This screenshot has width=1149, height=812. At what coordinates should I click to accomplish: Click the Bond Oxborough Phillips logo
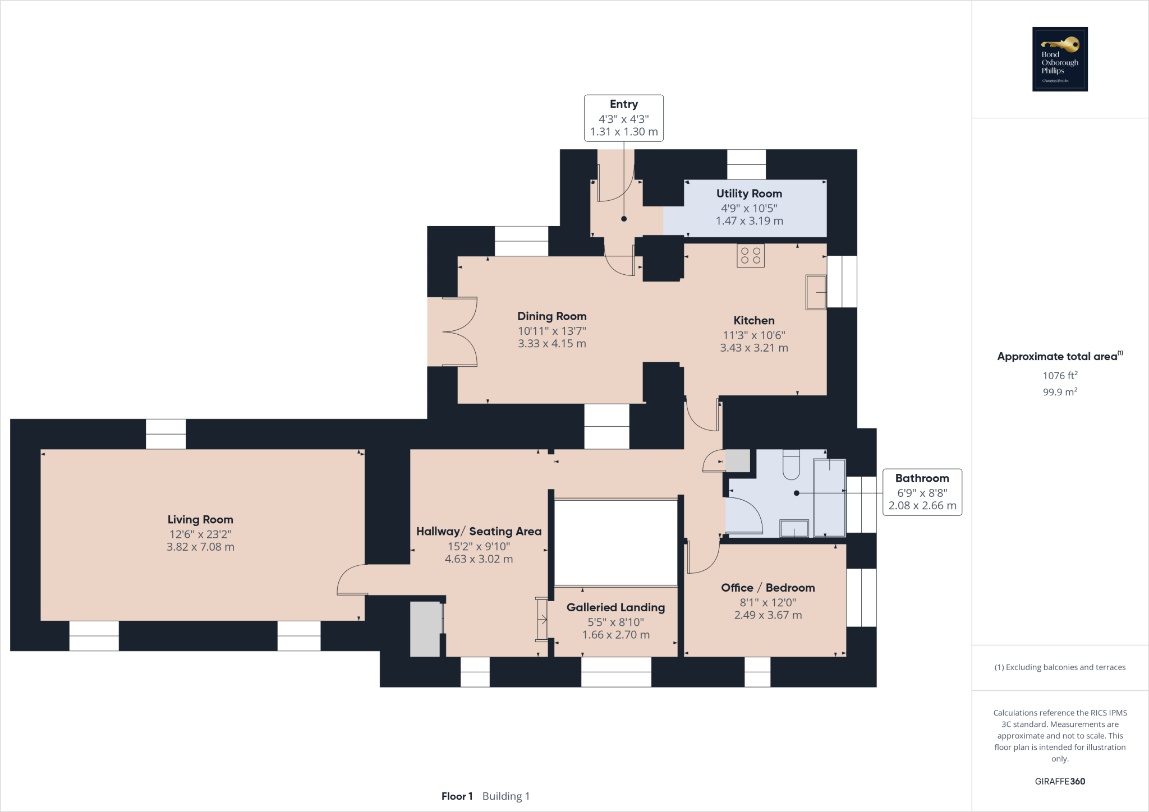pyautogui.click(x=1060, y=59)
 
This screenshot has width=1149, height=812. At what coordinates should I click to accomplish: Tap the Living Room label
pyautogui.click(x=200, y=520)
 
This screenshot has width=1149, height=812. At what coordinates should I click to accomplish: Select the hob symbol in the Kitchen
pyautogui.click(x=750, y=256)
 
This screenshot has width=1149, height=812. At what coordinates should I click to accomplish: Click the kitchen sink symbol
pyautogui.click(x=816, y=292)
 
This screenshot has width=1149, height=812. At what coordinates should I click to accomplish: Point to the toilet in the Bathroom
pyautogui.click(x=791, y=465)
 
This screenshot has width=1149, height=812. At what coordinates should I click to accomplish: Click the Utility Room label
pyautogui.click(x=749, y=193)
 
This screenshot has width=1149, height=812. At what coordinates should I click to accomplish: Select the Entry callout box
pyautogui.click(x=624, y=118)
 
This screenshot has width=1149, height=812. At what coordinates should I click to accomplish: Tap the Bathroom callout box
pyautogui.click(x=922, y=492)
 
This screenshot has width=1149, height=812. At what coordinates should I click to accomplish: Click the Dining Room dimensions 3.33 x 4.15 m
pyautogui.click(x=551, y=344)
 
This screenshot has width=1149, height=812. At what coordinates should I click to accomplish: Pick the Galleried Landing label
pyautogui.click(x=615, y=607)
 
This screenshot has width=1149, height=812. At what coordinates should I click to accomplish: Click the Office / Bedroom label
pyautogui.click(x=767, y=588)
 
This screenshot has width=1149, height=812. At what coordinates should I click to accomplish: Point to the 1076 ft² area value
pyautogui.click(x=1060, y=376)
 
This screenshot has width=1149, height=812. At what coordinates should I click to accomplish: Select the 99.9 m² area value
pyautogui.click(x=1060, y=392)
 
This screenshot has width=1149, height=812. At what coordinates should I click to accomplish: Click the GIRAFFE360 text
pyautogui.click(x=1060, y=781)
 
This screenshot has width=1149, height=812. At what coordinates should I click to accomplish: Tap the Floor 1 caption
pyautogui.click(x=457, y=796)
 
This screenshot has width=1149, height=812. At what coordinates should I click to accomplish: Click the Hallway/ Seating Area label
pyautogui.click(x=479, y=532)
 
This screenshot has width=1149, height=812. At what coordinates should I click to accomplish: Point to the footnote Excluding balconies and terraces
pyautogui.click(x=1060, y=667)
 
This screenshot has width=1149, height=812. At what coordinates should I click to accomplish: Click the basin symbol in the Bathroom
pyautogui.click(x=794, y=528)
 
